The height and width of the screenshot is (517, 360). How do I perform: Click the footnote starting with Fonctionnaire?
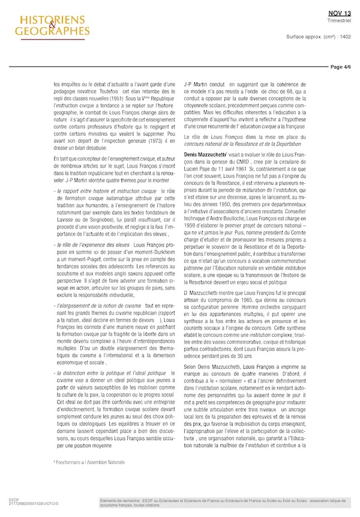(85, 462)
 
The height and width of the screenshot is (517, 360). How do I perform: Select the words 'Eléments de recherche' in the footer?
(118, 500)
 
